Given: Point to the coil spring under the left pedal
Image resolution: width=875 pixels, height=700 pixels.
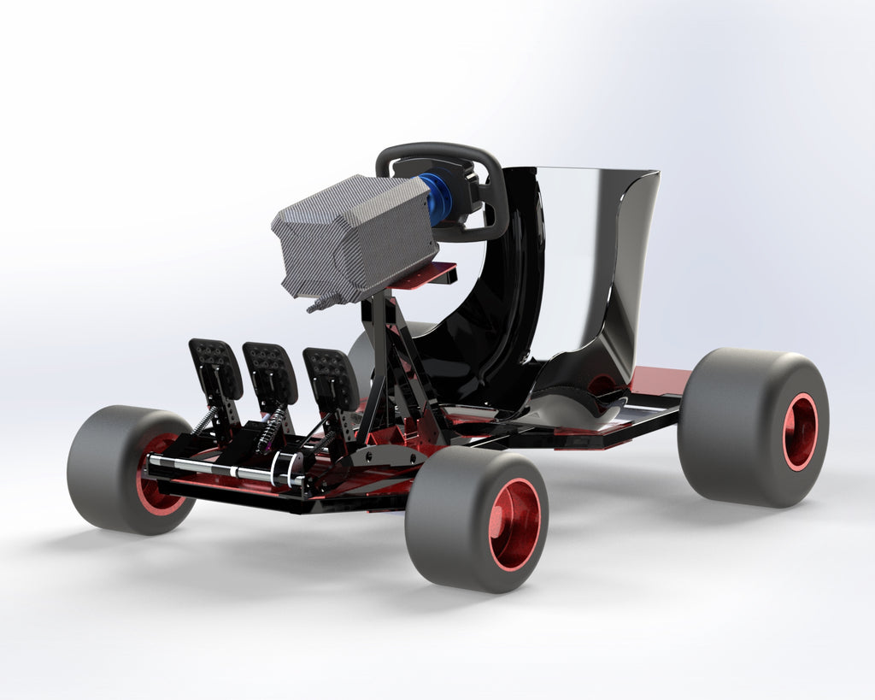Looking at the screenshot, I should tap(204, 418).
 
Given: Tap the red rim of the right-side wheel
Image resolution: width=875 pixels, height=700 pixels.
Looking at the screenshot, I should tap(800, 432).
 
